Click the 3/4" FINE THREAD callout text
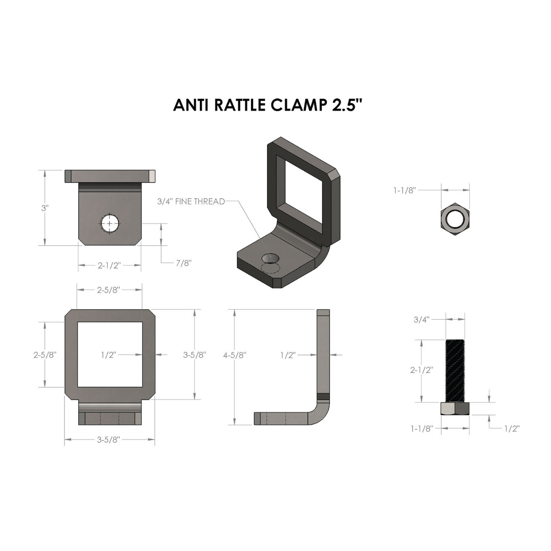click(x=191, y=202)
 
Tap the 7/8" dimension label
click(x=183, y=263)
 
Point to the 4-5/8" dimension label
click(x=235, y=355)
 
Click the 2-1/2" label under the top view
click(x=109, y=265)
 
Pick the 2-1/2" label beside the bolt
click(x=422, y=370)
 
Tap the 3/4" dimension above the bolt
click(x=421, y=320)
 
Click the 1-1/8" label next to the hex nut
click(x=405, y=190)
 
